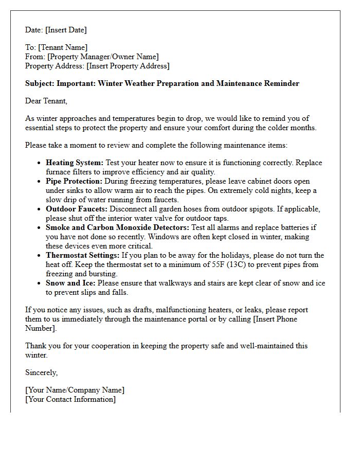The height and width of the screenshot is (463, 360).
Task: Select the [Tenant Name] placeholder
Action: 62,47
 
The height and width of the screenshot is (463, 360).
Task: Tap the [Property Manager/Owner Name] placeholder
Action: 103,57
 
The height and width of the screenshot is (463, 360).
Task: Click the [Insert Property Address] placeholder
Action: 128,66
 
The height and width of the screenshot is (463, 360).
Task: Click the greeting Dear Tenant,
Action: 46,101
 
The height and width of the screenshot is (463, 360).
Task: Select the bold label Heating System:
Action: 75,163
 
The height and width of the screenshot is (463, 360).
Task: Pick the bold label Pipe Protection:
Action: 74,181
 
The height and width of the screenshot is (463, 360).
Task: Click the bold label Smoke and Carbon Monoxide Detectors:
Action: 118,227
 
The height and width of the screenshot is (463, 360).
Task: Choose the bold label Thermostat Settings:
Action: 82,255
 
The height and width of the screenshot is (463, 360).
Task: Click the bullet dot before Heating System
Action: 40,163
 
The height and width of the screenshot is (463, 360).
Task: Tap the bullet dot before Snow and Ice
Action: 40,283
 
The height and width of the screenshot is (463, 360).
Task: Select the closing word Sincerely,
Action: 42,372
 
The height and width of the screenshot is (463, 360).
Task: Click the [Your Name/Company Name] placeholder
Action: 75,390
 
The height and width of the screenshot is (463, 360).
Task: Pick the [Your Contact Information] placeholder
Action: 70,399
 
